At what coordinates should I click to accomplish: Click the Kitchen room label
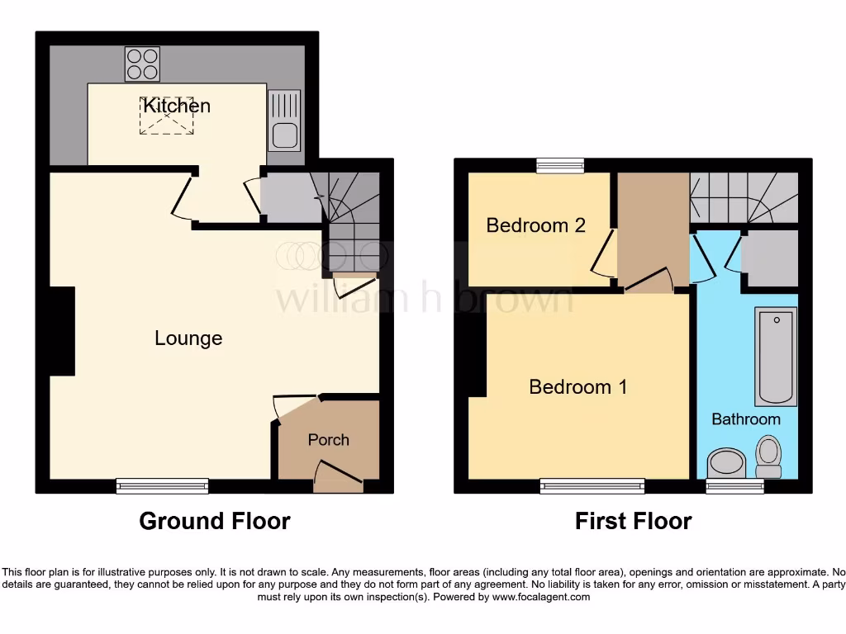point(177,106)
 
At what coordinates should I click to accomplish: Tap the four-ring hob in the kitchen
point(142,64)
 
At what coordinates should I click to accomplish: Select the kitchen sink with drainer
point(284,121)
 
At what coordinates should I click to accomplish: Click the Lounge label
point(188,338)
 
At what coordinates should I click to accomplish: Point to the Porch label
point(329,440)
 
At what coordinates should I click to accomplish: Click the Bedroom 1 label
point(578,386)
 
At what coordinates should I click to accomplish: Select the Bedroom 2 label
point(536,225)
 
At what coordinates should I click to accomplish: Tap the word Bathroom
point(746,419)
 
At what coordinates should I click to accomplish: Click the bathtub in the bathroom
point(777,357)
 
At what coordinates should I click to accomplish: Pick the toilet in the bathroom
point(769,457)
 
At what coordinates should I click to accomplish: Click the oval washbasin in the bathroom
point(727,463)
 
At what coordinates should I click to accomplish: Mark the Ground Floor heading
point(215,522)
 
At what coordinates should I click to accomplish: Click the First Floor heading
point(634,522)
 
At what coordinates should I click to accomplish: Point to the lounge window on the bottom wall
point(162,486)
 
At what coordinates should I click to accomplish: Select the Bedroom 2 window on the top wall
point(560,165)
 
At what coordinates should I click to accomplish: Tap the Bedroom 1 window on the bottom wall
point(592,486)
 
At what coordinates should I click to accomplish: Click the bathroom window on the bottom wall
point(735,486)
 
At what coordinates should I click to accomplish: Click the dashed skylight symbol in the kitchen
point(167,116)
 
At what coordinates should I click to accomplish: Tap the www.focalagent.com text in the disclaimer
point(541,597)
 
